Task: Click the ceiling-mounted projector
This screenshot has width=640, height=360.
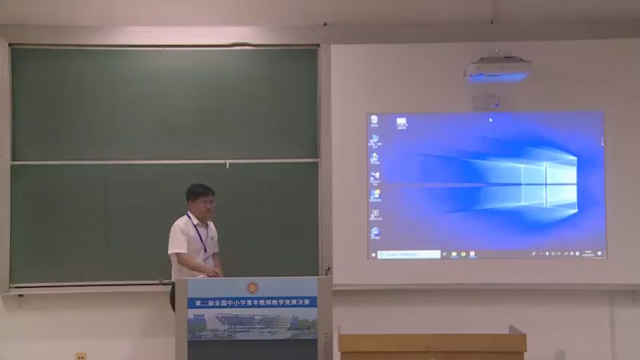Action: pos(498,69)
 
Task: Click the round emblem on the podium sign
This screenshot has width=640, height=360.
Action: pos(252,288)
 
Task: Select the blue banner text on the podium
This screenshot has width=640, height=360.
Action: pos(252,302)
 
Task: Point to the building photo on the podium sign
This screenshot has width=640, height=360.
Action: pos(252,325)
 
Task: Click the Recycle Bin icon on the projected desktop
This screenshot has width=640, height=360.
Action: pos(375,121)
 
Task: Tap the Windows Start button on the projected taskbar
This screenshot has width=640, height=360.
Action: pos(373,254)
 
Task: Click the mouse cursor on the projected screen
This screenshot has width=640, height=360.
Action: pos(491,120)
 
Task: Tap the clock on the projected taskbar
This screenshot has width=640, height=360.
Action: pos(589,253)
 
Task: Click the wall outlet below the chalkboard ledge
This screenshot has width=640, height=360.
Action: pos(81,356)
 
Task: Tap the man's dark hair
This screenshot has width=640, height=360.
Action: pos(199,191)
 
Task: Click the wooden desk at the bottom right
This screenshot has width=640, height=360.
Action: pos(432,343)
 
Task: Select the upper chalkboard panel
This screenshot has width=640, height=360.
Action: pos(164,103)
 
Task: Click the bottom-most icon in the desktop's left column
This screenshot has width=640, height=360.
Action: pos(375,233)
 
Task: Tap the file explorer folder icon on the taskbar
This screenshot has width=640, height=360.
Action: pos(453,254)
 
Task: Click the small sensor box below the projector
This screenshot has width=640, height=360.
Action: pos(485,102)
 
